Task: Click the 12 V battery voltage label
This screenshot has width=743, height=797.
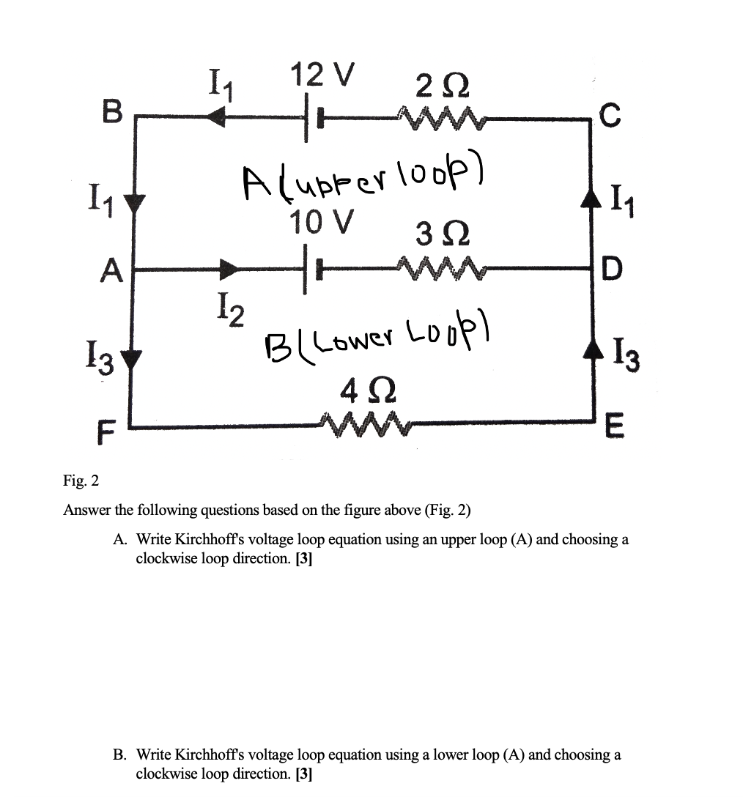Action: pyautogui.click(x=322, y=75)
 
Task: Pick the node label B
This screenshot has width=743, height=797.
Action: pyautogui.click(x=111, y=114)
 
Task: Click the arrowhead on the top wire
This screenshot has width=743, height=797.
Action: pyautogui.click(x=215, y=116)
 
